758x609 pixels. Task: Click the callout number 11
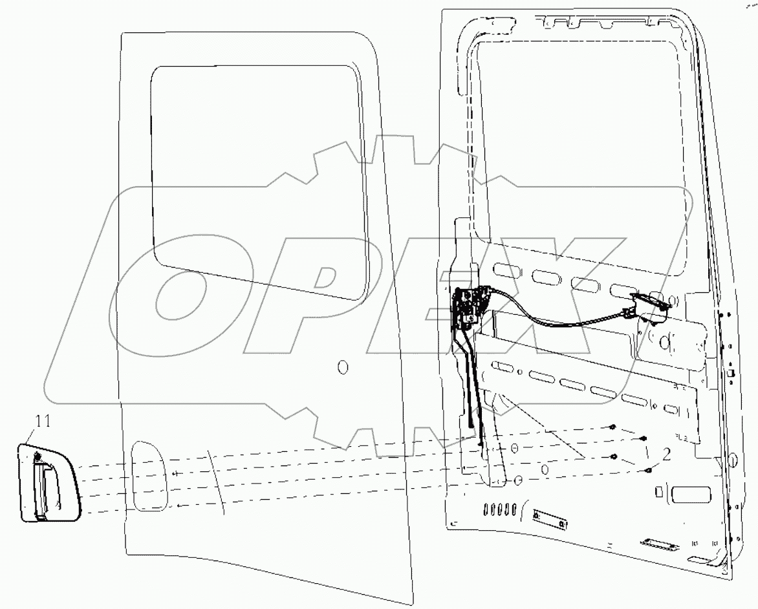point(42,422)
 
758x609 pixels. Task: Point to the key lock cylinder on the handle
point(38,458)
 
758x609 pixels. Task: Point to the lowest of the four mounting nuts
point(647,471)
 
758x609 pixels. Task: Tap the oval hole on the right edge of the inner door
point(733,460)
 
